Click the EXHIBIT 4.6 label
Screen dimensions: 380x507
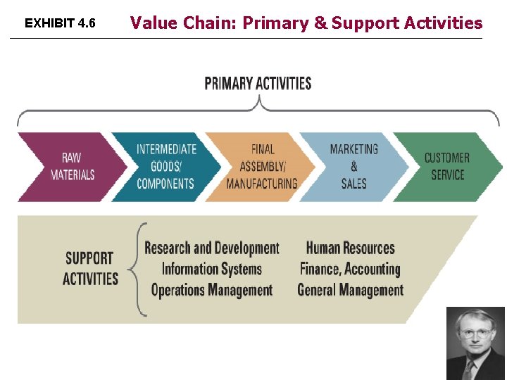point(60,23)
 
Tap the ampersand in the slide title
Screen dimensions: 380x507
point(321,23)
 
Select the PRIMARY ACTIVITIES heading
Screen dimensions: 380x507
point(258,84)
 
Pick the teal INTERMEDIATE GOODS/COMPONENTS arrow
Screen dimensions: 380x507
point(165,167)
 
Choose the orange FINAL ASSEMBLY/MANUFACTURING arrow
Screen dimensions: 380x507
point(261,167)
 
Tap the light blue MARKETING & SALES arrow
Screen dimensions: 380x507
point(354,167)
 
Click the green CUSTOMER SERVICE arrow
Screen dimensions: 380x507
point(447,167)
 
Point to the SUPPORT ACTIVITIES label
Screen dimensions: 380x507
point(90,268)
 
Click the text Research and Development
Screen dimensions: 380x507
point(212,248)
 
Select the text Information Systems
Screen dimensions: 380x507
point(212,269)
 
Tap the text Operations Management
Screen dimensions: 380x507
point(212,290)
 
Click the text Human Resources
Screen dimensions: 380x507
point(350,248)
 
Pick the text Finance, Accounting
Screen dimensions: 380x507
point(350,269)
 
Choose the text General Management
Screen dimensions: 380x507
point(350,290)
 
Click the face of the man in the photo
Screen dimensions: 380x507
point(475,334)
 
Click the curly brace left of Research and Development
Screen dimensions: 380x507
point(139,269)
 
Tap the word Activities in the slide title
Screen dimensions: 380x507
point(443,23)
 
